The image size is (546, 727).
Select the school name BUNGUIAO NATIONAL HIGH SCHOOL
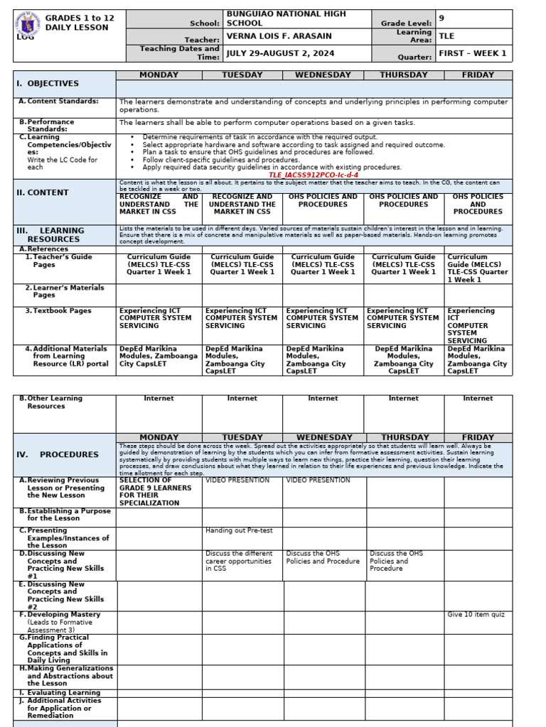tap(286, 18)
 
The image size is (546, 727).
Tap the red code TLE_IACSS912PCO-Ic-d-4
tap(314, 175)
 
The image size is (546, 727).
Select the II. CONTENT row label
tap(43, 192)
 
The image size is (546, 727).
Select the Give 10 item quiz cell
tap(476, 614)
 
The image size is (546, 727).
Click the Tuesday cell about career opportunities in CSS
tap(239, 561)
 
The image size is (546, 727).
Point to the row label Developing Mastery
tap(63, 614)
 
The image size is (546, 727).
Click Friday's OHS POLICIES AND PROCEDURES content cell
tap(477, 204)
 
